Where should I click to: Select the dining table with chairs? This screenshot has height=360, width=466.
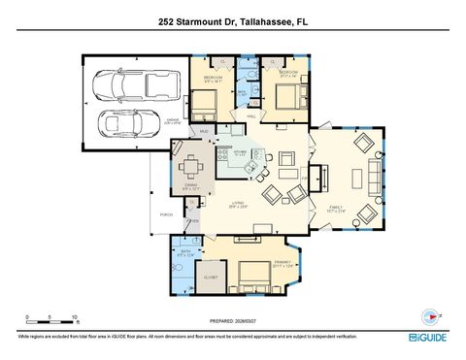tap(192, 164)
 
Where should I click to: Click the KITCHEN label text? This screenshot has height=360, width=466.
tap(240, 152)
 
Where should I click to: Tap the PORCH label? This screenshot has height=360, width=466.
tap(153, 213)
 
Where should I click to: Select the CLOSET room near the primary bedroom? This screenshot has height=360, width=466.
tap(212, 276)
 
